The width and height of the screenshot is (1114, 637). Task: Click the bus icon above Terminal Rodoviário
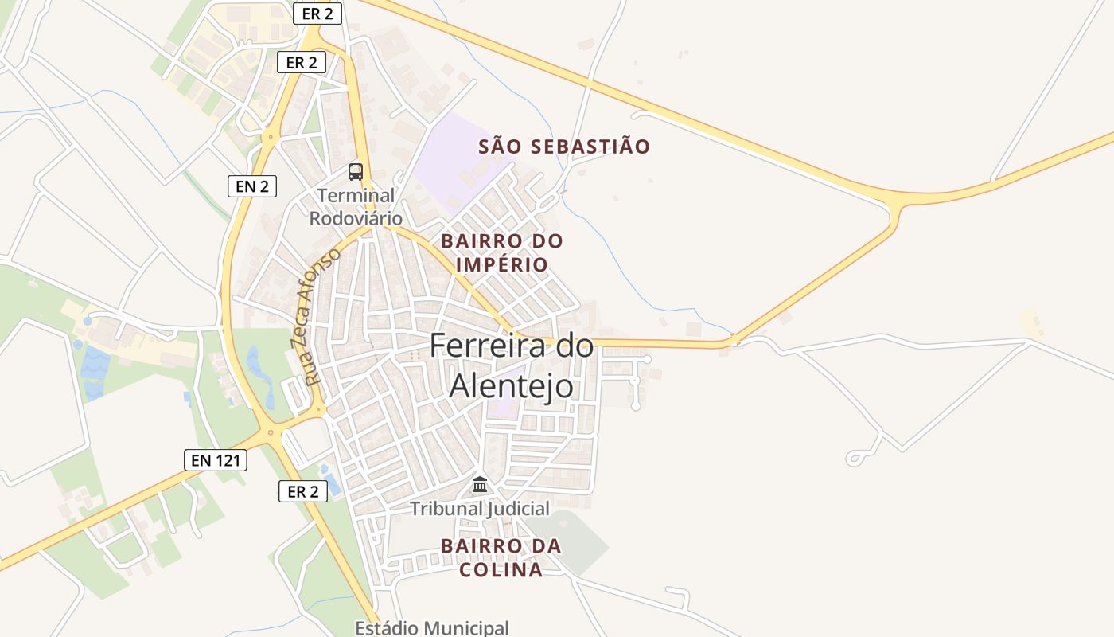coord(356,171)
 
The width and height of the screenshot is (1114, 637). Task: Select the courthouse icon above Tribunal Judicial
coord(480,484)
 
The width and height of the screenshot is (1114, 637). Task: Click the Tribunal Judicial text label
coord(480,509)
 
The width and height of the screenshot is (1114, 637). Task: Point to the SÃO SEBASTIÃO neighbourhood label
coord(564,147)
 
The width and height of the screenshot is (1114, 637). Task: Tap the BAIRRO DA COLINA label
coord(501,558)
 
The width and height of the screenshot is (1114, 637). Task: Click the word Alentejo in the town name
coord(511,385)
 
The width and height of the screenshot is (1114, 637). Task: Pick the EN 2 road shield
coord(252,186)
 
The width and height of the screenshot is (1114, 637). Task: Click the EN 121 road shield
coord(216,459)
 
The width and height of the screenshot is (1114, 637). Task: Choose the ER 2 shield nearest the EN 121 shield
coord(302,491)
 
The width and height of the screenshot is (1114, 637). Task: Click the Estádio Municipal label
coord(432,628)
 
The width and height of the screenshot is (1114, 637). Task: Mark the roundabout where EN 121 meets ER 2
coord(272,432)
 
